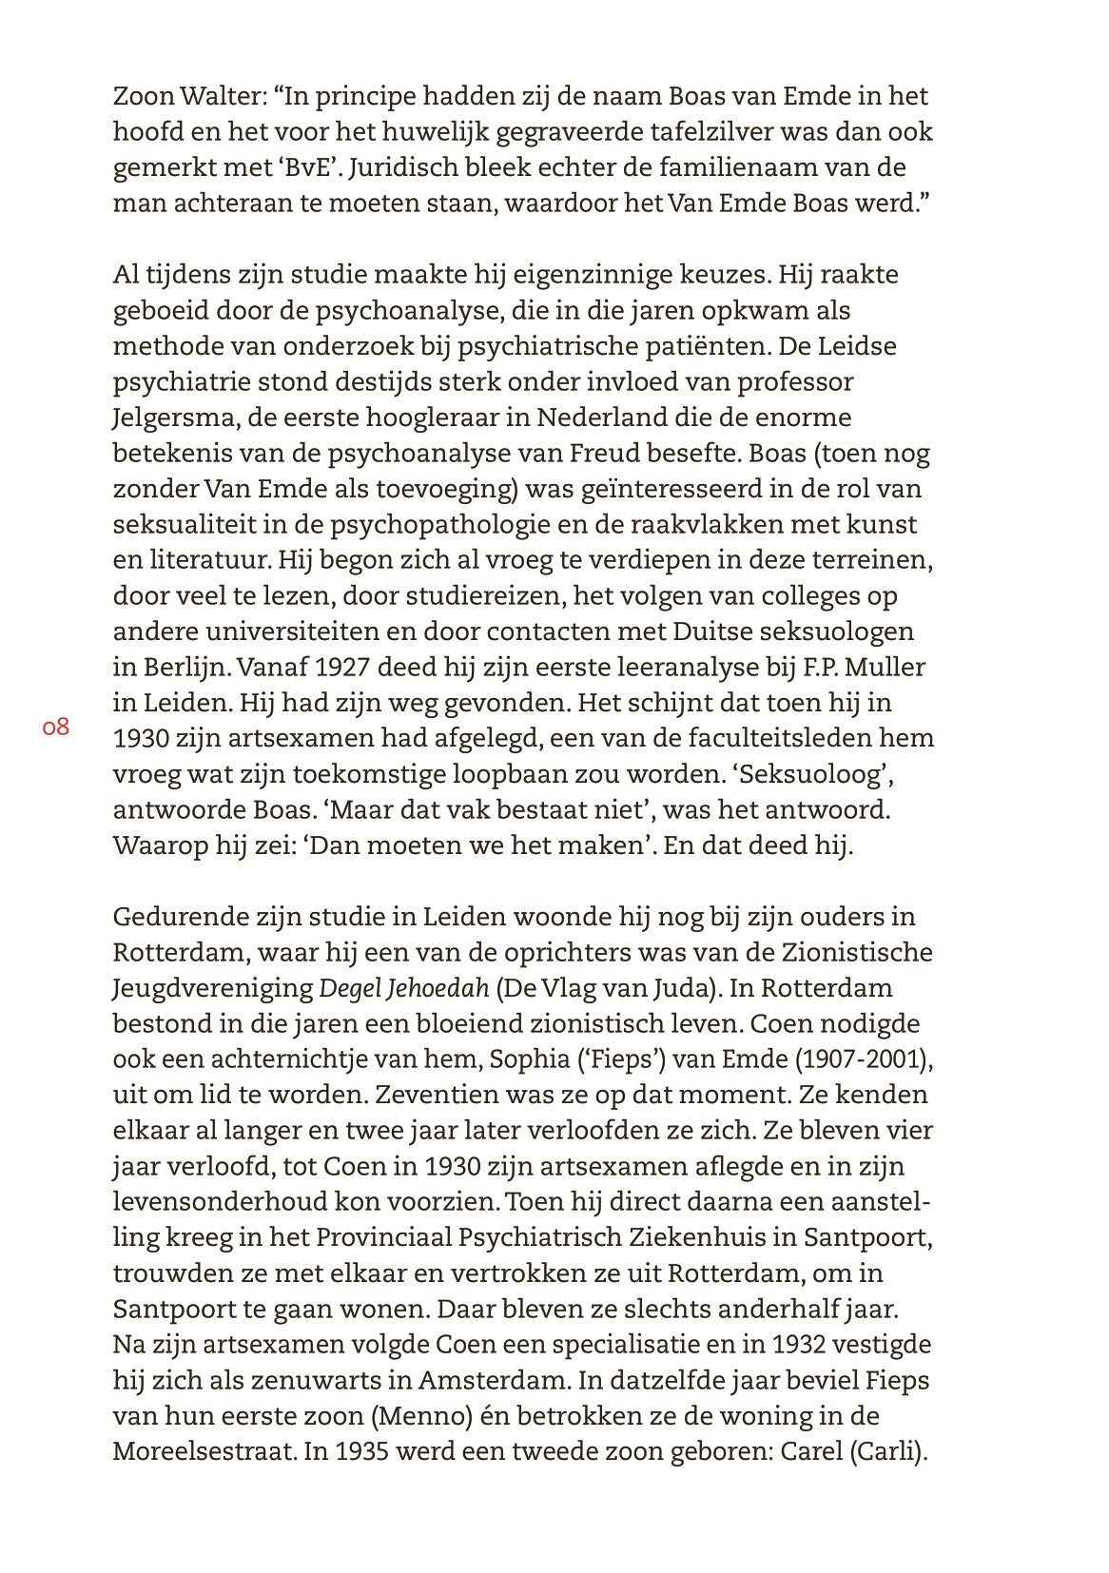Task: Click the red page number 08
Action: (x=56, y=728)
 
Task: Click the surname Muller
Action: (x=884, y=668)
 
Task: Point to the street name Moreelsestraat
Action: (x=201, y=1453)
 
